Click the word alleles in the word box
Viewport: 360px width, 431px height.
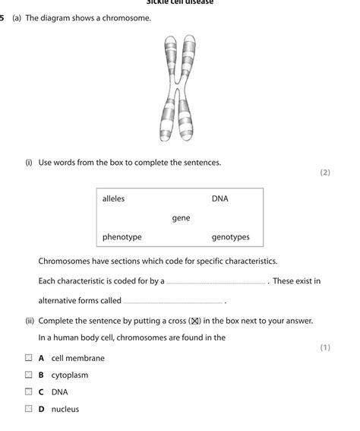(x=113, y=199)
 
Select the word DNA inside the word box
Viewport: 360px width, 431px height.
(x=219, y=199)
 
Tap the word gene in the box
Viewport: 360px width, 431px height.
(x=181, y=218)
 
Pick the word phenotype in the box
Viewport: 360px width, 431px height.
(x=122, y=237)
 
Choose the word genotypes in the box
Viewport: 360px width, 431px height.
(x=230, y=237)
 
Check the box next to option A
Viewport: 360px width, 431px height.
(x=28, y=357)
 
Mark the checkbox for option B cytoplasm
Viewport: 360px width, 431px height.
(x=28, y=375)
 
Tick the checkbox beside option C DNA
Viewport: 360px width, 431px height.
(x=28, y=392)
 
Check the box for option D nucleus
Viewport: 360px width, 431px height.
(x=28, y=409)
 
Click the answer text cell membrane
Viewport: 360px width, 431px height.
(x=77, y=358)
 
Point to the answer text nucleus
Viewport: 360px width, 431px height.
(x=65, y=410)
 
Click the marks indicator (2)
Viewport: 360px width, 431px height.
(x=325, y=173)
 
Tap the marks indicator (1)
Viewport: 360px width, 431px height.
(x=325, y=347)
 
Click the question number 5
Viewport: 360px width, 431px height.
(x=3, y=17)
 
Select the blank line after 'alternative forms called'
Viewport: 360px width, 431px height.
(x=172, y=302)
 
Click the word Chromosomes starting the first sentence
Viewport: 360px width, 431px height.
(x=64, y=261)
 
